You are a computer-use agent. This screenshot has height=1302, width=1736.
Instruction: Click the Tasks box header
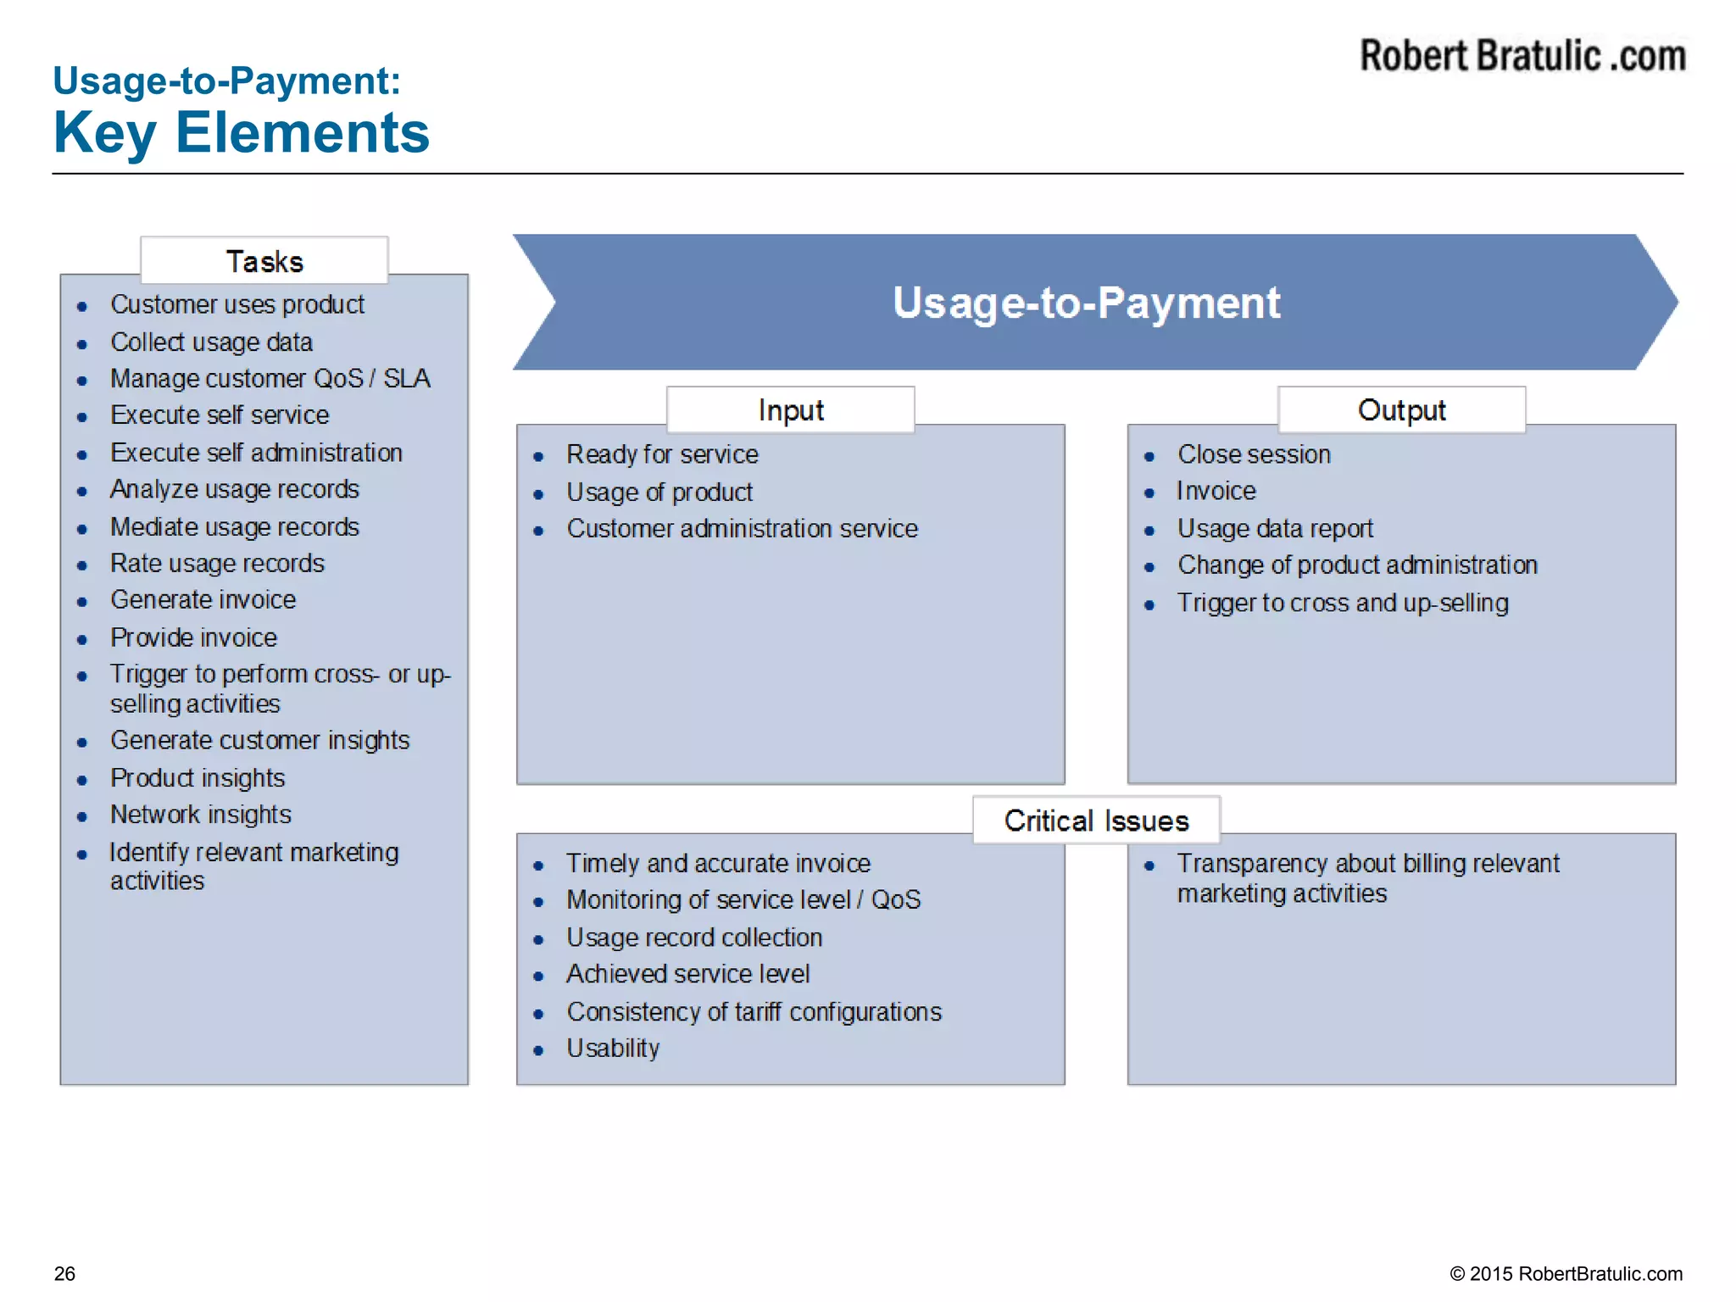point(264,261)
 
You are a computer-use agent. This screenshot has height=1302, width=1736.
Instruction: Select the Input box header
point(790,410)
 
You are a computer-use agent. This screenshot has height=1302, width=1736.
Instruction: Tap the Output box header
point(1401,410)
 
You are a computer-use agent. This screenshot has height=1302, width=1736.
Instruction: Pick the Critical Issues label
point(1096,821)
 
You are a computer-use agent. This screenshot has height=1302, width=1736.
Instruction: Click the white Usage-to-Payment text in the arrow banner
point(1086,303)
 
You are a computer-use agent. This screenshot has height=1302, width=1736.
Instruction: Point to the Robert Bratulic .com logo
point(1522,57)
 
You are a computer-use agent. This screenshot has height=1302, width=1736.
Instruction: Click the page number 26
point(64,1273)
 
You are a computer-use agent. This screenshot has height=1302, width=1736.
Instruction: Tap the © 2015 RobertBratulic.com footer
point(1566,1273)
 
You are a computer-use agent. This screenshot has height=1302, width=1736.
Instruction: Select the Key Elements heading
point(242,133)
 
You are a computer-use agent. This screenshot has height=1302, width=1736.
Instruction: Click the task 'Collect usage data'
point(211,342)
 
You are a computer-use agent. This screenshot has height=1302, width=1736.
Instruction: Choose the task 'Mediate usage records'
point(235,527)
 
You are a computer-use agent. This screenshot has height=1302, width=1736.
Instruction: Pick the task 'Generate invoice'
point(203,600)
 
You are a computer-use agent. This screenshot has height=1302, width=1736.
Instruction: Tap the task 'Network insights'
point(201,815)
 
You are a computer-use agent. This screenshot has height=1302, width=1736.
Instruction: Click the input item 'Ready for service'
point(662,455)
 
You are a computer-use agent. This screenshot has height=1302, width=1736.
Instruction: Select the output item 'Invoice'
point(1216,492)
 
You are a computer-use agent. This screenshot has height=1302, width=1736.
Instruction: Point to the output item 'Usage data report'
point(1275,529)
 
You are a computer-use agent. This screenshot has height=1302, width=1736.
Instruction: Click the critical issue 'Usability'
point(613,1049)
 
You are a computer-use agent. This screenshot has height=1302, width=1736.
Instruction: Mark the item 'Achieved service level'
point(687,974)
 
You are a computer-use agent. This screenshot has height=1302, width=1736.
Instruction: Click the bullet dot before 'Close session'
point(1149,457)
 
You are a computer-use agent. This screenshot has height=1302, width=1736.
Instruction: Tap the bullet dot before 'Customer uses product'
point(82,307)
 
